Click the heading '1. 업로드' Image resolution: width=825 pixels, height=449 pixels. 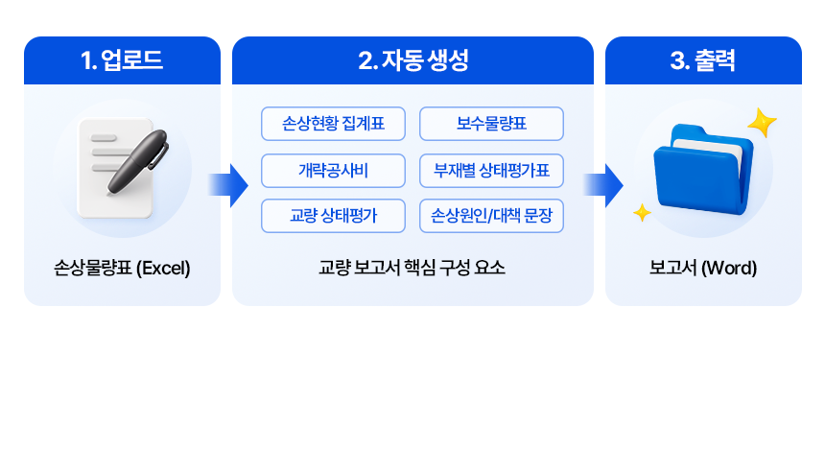click(x=122, y=61)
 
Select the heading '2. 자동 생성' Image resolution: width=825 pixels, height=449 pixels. click(x=412, y=61)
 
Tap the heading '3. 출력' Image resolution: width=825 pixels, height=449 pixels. click(x=703, y=61)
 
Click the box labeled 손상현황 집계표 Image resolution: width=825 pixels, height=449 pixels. click(x=333, y=124)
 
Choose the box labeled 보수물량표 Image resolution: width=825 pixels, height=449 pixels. click(x=491, y=124)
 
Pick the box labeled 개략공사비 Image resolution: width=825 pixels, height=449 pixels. click(x=333, y=170)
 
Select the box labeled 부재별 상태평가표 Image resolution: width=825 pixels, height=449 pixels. click(x=491, y=170)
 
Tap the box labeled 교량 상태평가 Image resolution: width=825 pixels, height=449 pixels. click(x=333, y=216)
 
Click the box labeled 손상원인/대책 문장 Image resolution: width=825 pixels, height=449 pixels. click(x=491, y=216)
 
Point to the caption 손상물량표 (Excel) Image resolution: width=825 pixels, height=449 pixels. click(x=122, y=268)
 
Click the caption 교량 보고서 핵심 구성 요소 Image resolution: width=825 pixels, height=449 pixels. click(x=412, y=268)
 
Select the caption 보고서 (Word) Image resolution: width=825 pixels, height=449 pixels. click(x=703, y=268)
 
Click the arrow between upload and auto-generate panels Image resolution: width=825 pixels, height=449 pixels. click(x=227, y=184)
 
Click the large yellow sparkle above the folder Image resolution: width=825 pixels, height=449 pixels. click(x=762, y=123)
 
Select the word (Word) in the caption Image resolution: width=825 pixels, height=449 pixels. click(x=730, y=268)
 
